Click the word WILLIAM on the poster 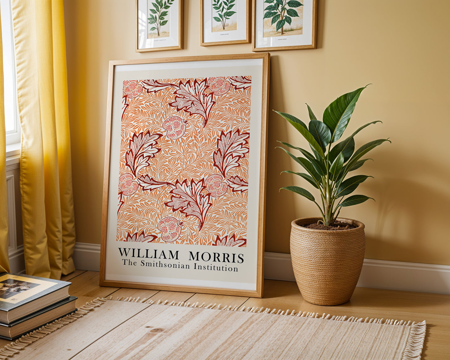coord(149,254)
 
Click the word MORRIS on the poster coord(216,257)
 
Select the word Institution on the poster coord(216,267)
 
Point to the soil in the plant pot coord(330,226)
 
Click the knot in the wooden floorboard coord(157,330)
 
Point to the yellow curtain coord(44,140)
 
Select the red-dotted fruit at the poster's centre coord(174,127)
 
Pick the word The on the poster coord(129,263)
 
